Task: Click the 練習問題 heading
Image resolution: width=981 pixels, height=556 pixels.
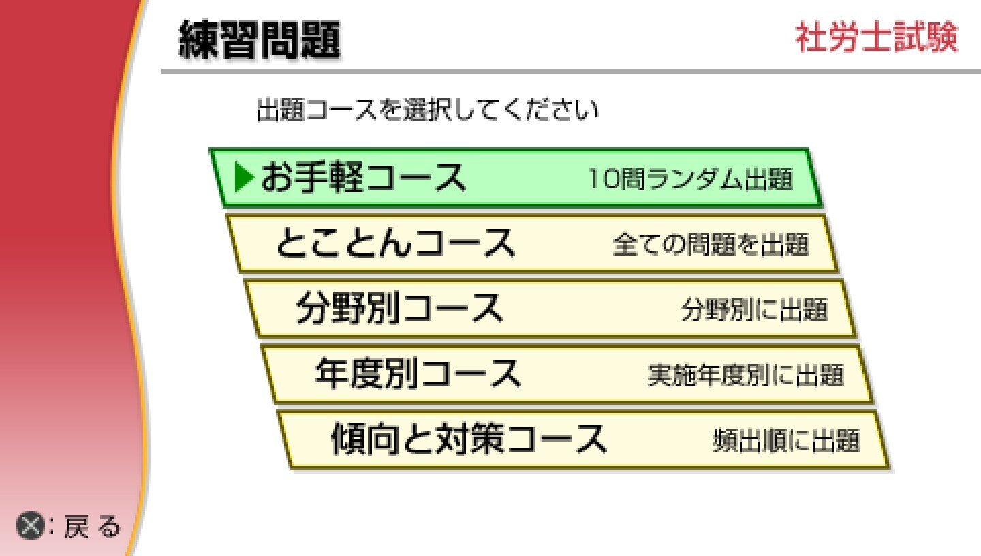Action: [260, 40]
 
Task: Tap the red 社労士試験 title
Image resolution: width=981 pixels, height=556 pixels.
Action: [876, 37]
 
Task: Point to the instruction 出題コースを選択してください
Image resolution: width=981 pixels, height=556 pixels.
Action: [427, 110]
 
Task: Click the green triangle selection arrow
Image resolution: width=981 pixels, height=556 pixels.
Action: [245, 177]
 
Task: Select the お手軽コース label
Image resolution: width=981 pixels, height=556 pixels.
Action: [363, 177]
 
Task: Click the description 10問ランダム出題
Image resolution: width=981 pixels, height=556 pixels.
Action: [691, 179]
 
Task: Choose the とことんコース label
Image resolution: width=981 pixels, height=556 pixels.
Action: [395, 243]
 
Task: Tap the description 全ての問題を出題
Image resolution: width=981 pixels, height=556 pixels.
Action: [711, 244]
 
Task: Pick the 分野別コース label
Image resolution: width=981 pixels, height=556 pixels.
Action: [400, 308]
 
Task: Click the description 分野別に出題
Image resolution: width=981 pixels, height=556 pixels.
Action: [755, 309]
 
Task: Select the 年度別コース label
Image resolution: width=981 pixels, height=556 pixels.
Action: [418, 374]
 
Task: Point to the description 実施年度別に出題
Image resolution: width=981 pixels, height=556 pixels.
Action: [746, 375]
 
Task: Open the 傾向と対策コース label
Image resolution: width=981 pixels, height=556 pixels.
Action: [469, 439]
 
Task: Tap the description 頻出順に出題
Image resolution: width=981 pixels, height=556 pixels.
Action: [787, 440]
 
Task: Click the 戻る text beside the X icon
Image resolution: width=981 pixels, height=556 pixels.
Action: [93, 525]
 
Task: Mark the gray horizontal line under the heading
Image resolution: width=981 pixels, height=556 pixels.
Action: [571, 72]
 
